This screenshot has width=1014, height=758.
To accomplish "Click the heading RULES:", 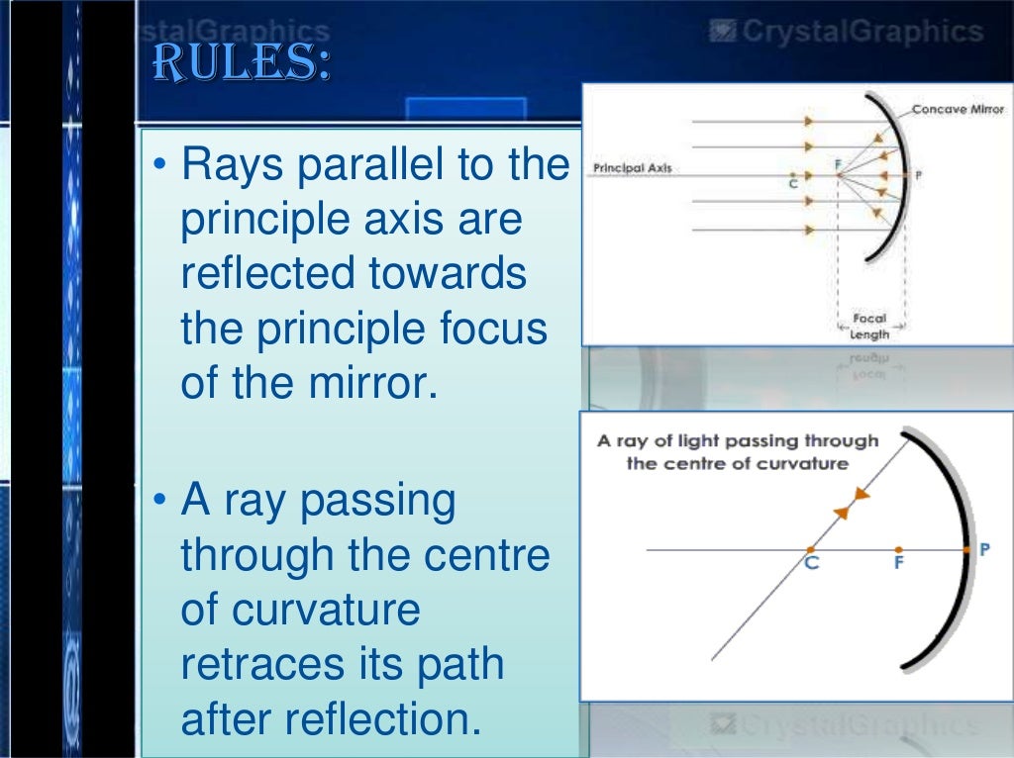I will pyautogui.click(x=240, y=64).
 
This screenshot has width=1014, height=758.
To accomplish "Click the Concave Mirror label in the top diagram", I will pyautogui.click(x=957, y=109).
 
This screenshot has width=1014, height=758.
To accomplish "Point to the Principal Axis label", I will pyautogui.click(x=632, y=168).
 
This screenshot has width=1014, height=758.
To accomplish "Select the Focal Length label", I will pyautogui.click(x=869, y=327).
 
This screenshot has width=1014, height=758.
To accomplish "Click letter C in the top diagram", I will pyautogui.click(x=793, y=183).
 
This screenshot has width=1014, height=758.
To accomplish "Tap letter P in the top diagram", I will pyautogui.click(x=918, y=175).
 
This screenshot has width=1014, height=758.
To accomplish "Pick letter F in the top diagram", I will pyautogui.click(x=837, y=164).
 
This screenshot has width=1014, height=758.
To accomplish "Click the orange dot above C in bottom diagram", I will pyautogui.click(x=811, y=549).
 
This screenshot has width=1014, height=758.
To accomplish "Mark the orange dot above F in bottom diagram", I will pyautogui.click(x=897, y=549).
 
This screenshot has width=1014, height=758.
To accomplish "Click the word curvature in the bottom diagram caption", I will pyautogui.click(x=801, y=463).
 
